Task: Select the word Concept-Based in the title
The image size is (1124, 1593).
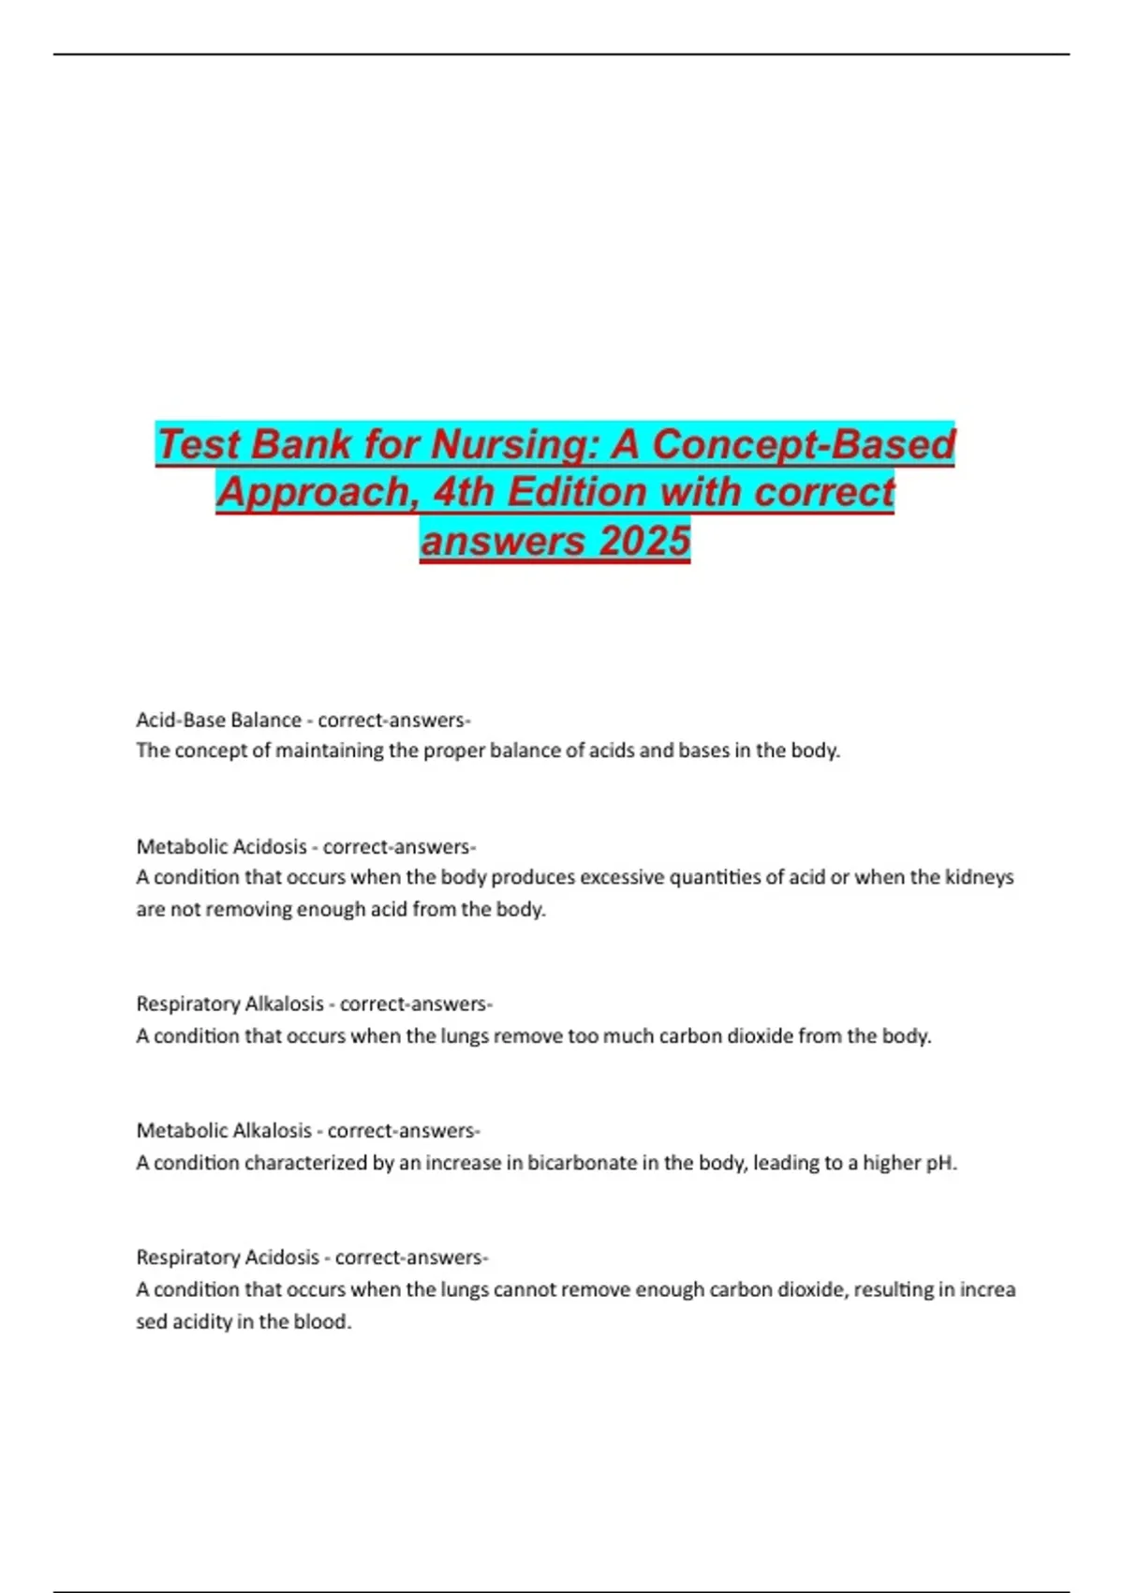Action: (x=804, y=444)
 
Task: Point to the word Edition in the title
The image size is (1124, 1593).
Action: (x=576, y=492)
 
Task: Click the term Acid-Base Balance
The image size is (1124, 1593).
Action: (x=218, y=721)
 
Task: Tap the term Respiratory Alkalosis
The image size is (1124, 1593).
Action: (x=229, y=1005)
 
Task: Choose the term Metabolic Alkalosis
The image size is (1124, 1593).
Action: (x=224, y=1131)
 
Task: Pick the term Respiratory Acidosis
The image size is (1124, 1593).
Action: (x=228, y=1258)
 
